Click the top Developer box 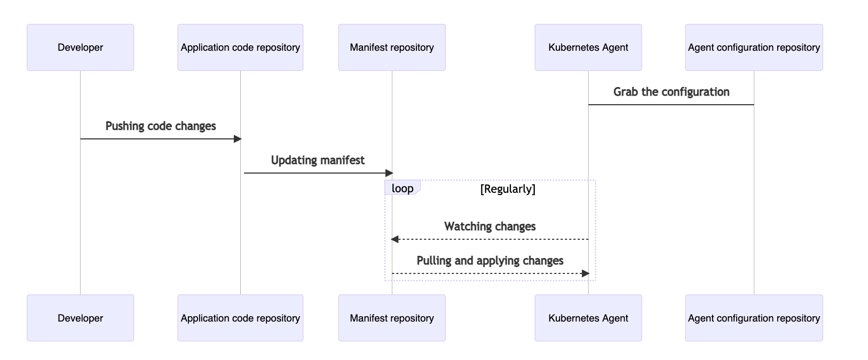tap(80, 48)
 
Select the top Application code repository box tap(240, 48)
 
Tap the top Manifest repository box tap(392, 48)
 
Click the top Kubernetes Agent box tap(588, 48)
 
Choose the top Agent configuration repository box tap(754, 48)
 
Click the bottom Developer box tap(80, 318)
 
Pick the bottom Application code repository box tap(240, 318)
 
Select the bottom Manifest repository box tap(392, 318)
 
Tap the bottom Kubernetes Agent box tap(588, 318)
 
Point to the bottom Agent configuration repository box tap(754, 318)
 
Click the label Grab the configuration tap(671, 92)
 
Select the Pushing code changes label tap(161, 126)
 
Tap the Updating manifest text tap(318, 160)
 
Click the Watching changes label tap(490, 226)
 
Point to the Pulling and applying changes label tap(490, 261)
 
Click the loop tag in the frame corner tap(403, 188)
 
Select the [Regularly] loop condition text tap(508, 189)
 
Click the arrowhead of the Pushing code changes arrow tap(238, 139)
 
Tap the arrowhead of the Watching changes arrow tap(394, 239)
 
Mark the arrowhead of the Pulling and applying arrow tap(585, 273)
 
